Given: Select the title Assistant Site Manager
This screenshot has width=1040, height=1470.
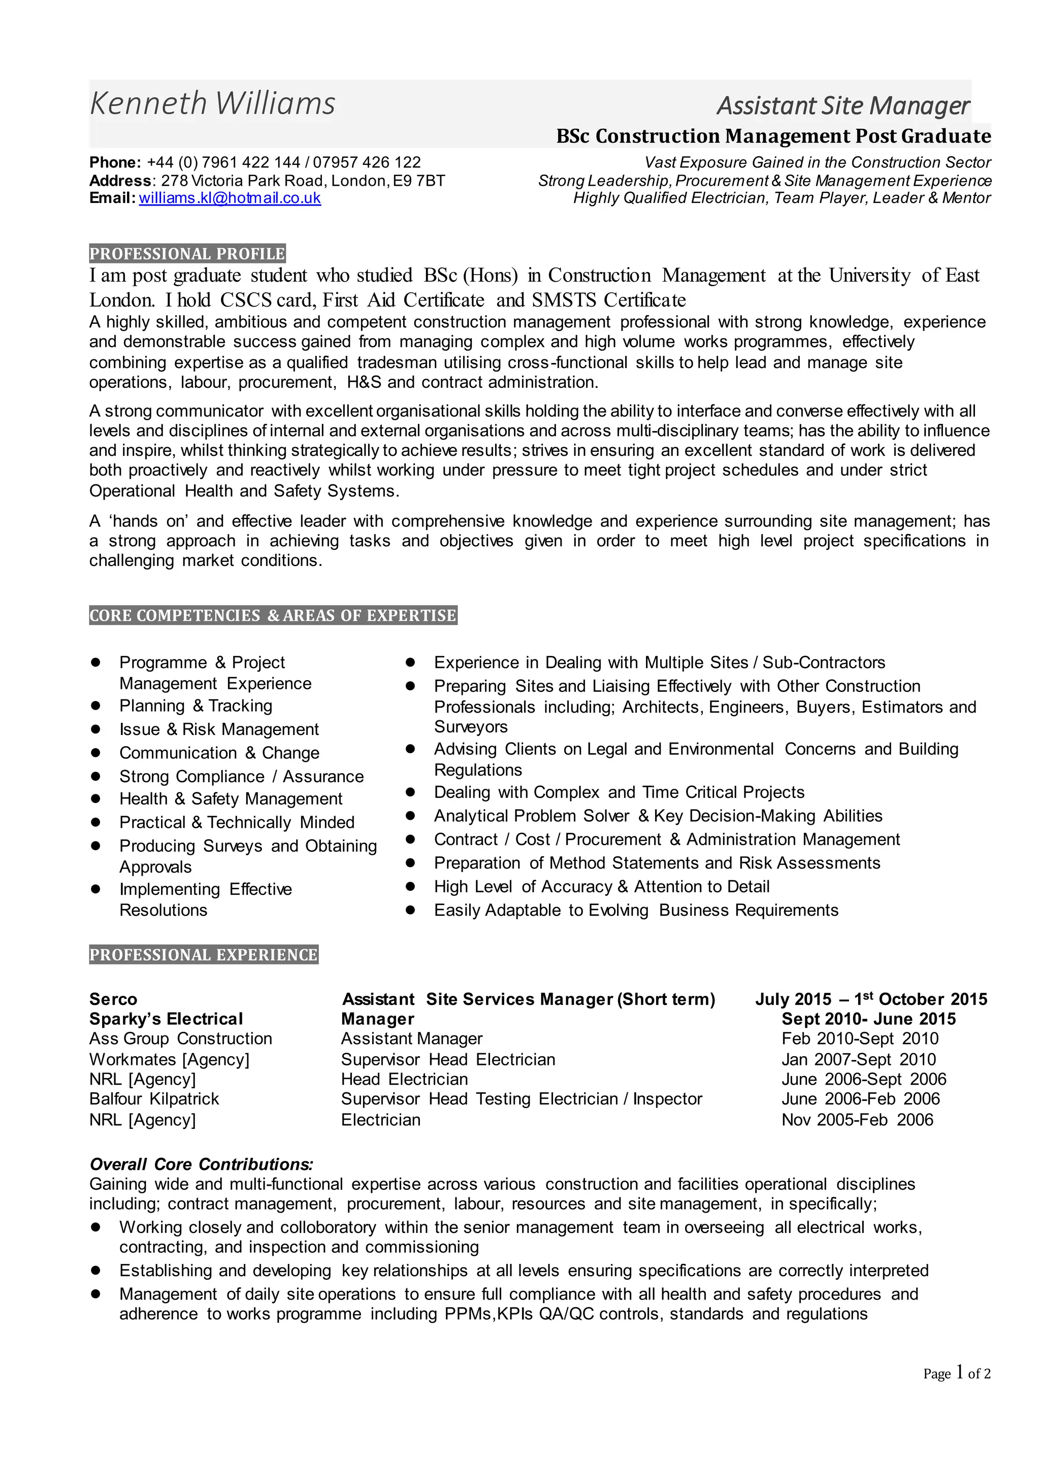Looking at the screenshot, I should tap(843, 106).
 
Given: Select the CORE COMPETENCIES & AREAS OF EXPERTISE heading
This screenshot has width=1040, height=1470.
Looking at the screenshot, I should tap(273, 615).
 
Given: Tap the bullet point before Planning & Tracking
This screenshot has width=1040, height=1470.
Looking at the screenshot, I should tap(96, 706).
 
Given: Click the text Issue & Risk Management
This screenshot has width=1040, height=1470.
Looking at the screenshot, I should tap(218, 729).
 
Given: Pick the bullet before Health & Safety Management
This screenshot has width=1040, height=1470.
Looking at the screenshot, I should tap(96, 798).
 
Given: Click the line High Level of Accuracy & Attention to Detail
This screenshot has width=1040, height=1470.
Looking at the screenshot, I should tap(601, 887).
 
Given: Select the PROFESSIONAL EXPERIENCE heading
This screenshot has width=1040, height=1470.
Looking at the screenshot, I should tap(204, 955).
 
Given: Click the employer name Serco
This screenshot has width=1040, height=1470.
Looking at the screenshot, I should tap(113, 999).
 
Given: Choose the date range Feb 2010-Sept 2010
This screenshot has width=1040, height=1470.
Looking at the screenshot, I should tap(860, 1039).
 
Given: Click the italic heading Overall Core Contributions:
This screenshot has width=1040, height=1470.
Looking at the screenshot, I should tap(201, 1164).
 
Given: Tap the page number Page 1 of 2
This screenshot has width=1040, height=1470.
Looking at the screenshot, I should tap(957, 1374).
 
